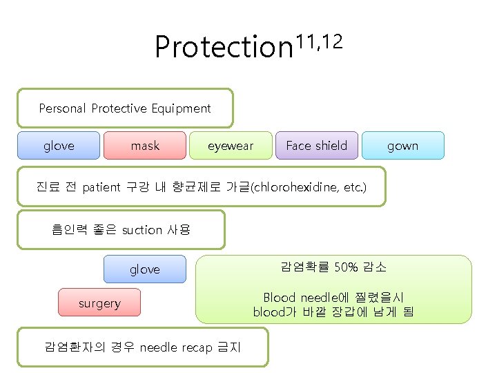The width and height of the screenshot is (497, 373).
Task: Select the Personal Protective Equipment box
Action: [x=125, y=108]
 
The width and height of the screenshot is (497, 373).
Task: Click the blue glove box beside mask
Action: [x=59, y=146]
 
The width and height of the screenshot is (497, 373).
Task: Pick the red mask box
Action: [x=145, y=146]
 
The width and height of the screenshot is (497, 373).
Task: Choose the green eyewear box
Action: [x=231, y=146]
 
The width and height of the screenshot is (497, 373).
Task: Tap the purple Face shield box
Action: [x=316, y=146]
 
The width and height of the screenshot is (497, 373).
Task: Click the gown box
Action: [x=402, y=146]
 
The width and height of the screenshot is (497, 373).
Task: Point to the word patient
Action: [x=101, y=187]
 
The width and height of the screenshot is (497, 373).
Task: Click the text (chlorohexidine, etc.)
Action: [x=309, y=187]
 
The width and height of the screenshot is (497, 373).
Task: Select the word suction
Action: [x=142, y=229]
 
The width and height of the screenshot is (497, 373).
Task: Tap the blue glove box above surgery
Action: [x=145, y=269]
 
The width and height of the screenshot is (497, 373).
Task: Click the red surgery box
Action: [x=99, y=303]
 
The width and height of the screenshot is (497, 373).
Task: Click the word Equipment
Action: [x=183, y=108]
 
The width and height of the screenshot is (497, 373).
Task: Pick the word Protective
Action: [x=119, y=108]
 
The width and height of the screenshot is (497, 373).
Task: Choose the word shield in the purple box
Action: [x=331, y=146]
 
